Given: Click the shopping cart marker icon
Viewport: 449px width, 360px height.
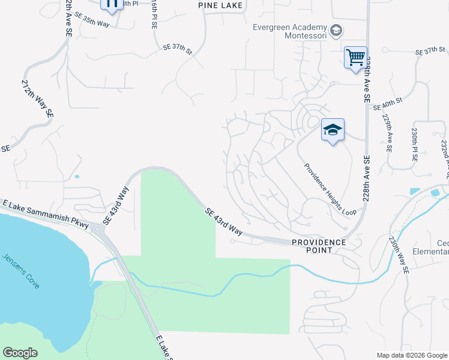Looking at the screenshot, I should click(x=355, y=58).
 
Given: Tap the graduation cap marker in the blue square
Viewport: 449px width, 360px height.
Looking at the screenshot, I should click(x=333, y=130).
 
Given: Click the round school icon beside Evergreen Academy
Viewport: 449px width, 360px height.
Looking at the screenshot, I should click(x=337, y=29).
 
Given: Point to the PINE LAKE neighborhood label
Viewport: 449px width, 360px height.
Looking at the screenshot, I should click(x=221, y=5).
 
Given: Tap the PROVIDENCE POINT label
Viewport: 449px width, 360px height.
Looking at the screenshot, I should click(x=319, y=242).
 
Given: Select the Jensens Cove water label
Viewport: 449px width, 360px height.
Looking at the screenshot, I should click(x=21, y=271).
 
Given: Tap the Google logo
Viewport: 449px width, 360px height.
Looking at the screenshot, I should click(x=20, y=353).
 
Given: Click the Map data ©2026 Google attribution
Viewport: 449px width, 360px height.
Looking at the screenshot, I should click(x=412, y=355).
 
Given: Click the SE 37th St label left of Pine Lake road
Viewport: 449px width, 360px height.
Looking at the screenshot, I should click(x=178, y=49).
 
